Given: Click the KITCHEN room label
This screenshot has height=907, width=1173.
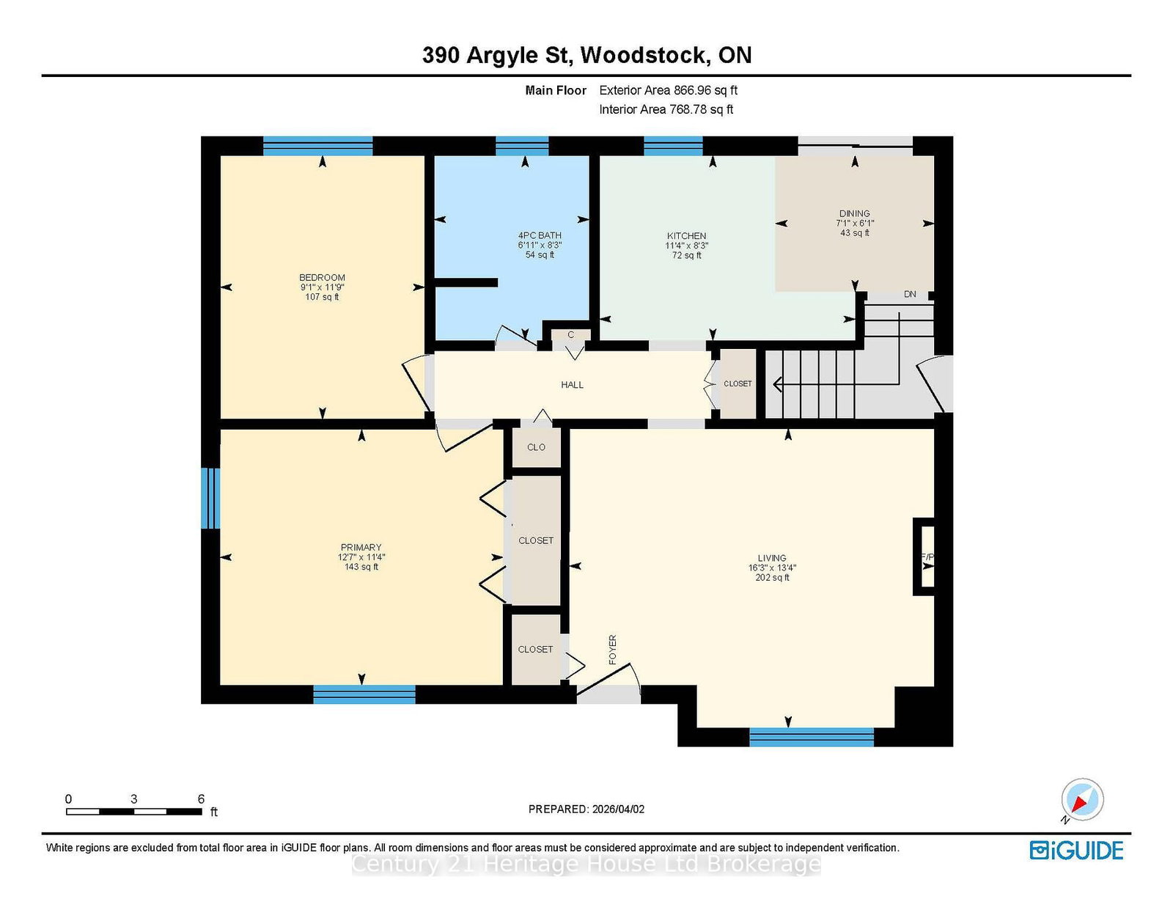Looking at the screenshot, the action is point(686,236).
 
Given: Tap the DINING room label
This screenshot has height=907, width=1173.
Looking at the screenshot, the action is point(854,213).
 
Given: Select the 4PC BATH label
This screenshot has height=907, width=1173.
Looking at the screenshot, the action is point(540,235).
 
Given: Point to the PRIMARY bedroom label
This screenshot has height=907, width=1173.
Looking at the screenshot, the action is point(361,547).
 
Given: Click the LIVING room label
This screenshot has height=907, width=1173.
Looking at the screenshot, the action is point(771,558).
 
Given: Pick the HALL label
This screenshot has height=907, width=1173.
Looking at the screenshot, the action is point(572,385).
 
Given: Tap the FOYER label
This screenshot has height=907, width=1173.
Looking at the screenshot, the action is point(612,650).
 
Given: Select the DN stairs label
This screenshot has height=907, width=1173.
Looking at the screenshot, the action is point(910,294).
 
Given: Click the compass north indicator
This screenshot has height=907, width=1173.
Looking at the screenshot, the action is point(1082,799).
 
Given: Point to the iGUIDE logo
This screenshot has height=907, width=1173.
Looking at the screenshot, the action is point(1075,851).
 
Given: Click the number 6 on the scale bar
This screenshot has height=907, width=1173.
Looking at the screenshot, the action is point(201,798).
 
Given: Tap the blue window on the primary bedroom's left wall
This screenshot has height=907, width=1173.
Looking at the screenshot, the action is point(210,498).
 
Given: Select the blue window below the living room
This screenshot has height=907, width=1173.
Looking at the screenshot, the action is point(812,737).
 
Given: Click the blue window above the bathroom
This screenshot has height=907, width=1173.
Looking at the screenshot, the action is point(522,146).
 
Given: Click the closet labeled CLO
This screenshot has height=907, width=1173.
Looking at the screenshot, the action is point(536,447).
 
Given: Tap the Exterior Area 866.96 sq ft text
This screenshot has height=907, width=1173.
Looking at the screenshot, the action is point(669,90).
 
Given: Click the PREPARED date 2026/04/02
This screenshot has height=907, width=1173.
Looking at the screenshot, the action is point(618,809).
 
